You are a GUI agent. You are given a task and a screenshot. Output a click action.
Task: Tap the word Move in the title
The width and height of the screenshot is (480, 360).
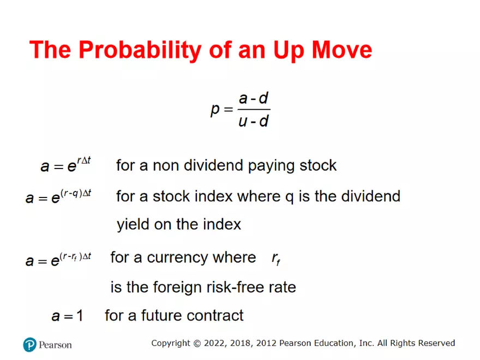pyautogui.click(x=342, y=50)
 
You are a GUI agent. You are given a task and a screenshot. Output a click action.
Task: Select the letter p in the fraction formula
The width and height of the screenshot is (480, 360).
pyautogui.click(x=215, y=109)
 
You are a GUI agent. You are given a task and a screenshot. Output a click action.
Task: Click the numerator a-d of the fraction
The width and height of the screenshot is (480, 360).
pyautogui.click(x=254, y=99)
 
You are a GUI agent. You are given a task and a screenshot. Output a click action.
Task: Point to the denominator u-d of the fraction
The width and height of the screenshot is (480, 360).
pyautogui.click(x=254, y=121)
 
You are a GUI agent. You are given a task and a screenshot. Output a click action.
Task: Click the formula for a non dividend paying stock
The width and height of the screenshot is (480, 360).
pyautogui.click(x=65, y=164)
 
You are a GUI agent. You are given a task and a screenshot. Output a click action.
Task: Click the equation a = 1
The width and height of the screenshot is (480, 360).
pyautogui.click(x=67, y=315)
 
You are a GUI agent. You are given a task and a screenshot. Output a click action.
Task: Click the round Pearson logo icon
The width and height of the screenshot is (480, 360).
pyautogui.click(x=29, y=345)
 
